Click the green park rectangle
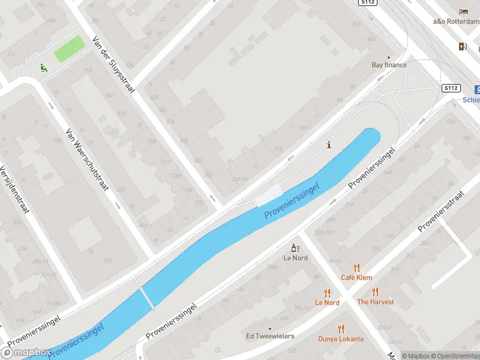[69, 49]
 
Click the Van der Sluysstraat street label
[114, 65]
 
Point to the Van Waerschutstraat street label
[87, 160]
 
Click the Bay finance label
[389, 65]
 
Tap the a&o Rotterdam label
[456, 22]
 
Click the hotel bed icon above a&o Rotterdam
[463, 11]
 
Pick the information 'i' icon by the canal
[328, 145]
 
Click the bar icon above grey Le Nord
[295, 248]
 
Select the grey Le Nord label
[295, 258]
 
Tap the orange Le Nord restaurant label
[327, 302]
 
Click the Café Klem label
[356, 277]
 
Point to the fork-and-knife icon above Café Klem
[356, 268]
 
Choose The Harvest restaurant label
[375, 302]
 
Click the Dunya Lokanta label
[341, 338]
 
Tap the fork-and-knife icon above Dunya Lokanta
[341, 329]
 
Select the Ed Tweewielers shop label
[269, 335]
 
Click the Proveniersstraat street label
[442, 211]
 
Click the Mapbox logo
[27, 352]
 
